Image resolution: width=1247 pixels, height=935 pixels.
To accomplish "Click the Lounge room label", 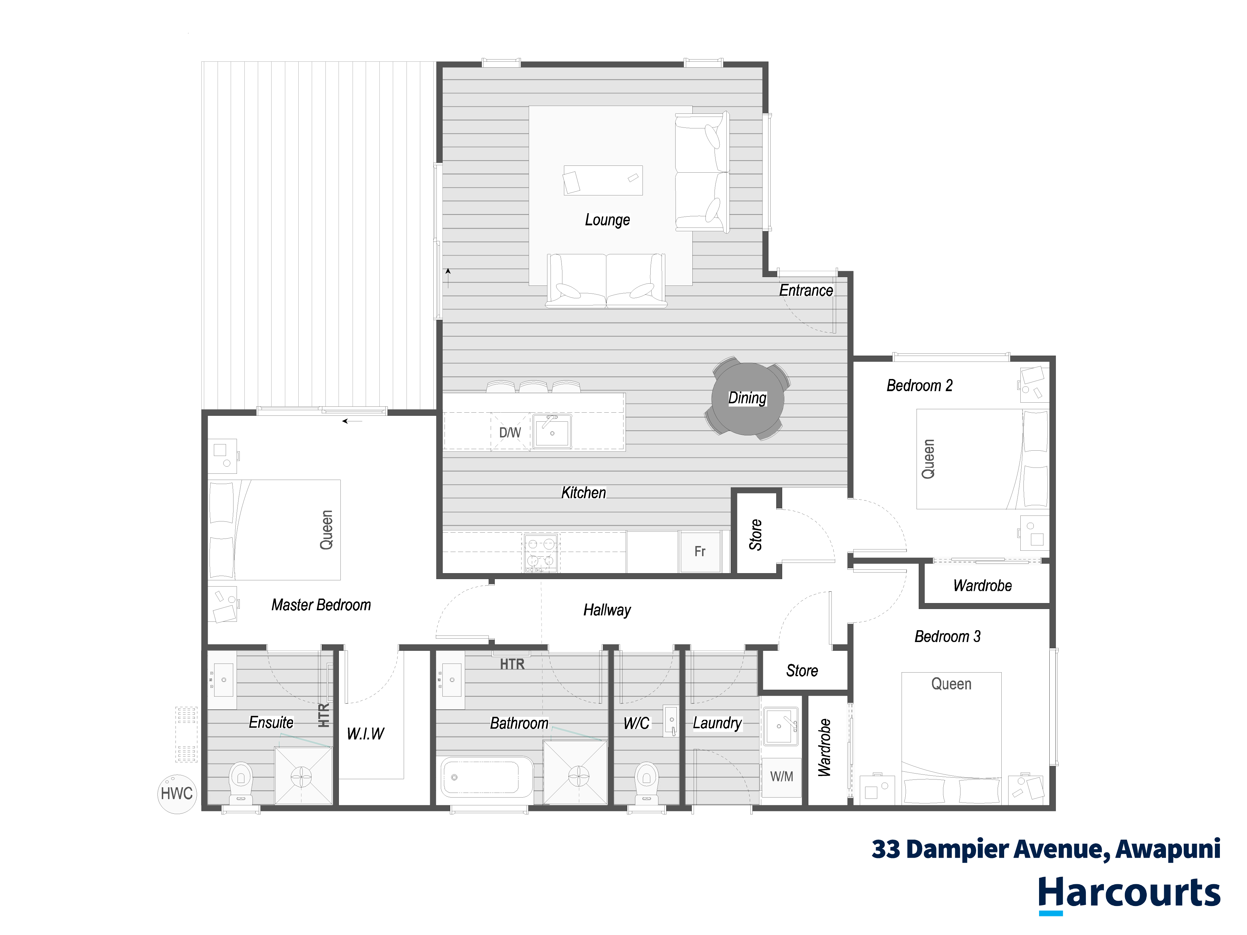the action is click(607, 220).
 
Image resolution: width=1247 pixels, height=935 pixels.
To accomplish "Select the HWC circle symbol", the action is click(177, 794).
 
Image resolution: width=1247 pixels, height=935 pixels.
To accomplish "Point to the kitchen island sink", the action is click(552, 431).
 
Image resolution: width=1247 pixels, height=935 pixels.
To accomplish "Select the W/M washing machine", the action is click(781, 777).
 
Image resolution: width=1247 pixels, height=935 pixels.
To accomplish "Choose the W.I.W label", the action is click(365, 733).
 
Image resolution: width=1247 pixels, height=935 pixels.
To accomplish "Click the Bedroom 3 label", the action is click(948, 636).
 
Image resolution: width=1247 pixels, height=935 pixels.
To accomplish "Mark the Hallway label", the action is click(607, 610).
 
